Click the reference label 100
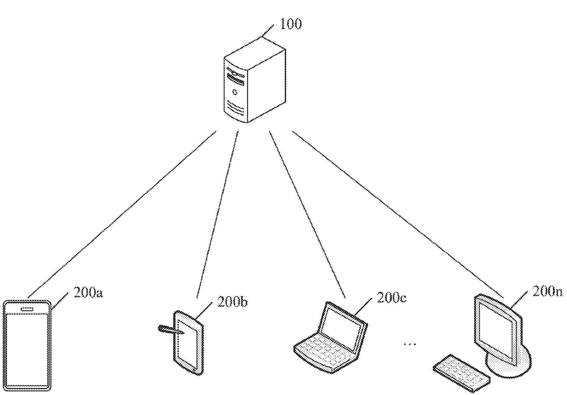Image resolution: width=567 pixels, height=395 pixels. (x=291, y=24)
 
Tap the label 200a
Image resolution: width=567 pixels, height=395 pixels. (x=88, y=293)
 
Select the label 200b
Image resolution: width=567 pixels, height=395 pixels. (x=232, y=302)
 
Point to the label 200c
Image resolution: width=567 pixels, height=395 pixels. (x=391, y=298)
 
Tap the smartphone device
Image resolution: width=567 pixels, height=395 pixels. (x=27, y=345)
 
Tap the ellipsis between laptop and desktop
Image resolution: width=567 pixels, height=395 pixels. (x=410, y=344)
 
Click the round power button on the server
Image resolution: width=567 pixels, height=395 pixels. (x=235, y=92)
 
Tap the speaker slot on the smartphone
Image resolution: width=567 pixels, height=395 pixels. (x=27, y=309)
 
